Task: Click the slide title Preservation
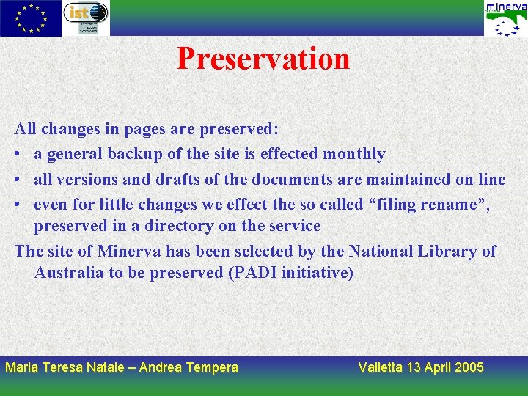[263, 59]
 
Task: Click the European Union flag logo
[31, 18]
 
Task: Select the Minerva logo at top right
[505, 18]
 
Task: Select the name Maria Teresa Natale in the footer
[65, 367]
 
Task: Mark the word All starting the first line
[26, 129]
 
